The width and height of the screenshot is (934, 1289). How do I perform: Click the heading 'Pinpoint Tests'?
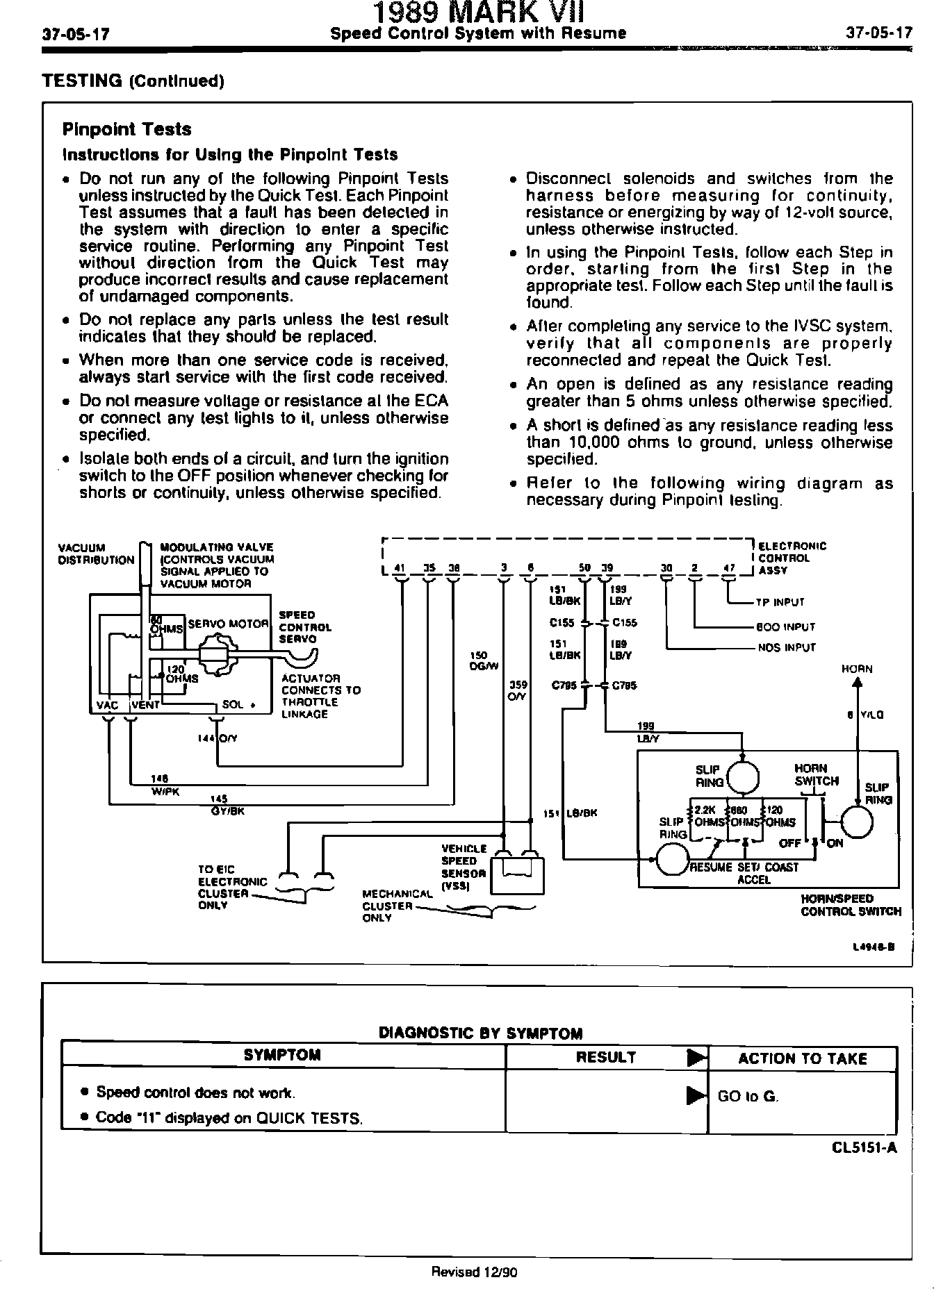[x=126, y=130]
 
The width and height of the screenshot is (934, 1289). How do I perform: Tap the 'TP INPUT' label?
[x=779, y=603]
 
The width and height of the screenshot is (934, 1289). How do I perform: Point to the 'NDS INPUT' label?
[x=786, y=648]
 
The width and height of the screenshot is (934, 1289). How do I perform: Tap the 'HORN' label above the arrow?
[x=856, y=670]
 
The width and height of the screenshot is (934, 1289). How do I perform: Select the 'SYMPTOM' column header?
[x=282, y=1055]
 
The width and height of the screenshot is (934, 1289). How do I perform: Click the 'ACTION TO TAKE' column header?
[x=802, y=1058]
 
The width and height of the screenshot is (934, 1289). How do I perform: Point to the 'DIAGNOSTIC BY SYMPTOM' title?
[x=480, y=1033]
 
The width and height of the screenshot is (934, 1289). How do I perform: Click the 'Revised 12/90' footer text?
[x=475, y=1272]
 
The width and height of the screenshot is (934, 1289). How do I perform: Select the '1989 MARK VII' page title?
[x=479, y=13]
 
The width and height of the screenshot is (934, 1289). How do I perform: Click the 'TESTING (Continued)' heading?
[x=133, y=81]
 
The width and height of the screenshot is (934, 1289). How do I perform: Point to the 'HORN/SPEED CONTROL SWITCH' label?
[x=851, y=905]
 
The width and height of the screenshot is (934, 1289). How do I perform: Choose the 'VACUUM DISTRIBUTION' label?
[x=97, y=554]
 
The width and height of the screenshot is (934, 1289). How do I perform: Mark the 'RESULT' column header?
[x=606, y=1057]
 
